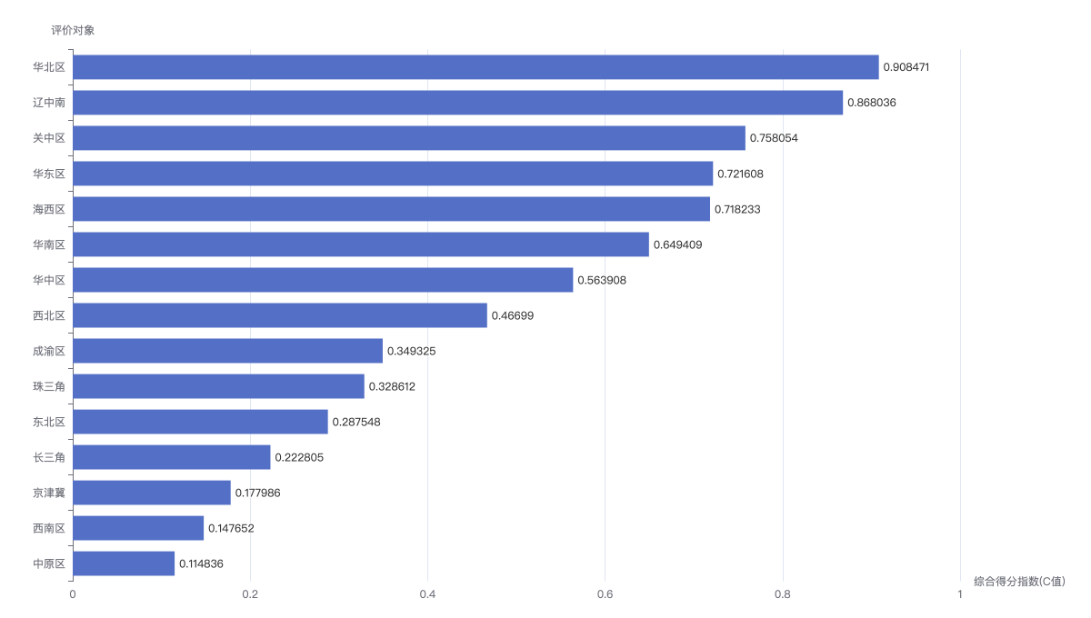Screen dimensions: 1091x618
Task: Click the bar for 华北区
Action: [475, 67]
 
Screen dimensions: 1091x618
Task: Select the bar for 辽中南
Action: [458, 103]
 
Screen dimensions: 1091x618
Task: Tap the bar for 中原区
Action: [124, 563]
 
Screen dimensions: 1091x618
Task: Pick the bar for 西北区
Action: [280, 315]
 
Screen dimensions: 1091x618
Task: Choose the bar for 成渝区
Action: [228, 351]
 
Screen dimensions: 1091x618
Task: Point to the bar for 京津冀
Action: [152, 493]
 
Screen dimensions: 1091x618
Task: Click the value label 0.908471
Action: [906, 67]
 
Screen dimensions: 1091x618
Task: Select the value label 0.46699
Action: [513, 315]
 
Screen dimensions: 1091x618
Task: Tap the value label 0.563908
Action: [602, 280]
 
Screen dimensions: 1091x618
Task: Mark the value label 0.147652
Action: [231, 528]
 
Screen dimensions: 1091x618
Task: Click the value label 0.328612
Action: [392, 386]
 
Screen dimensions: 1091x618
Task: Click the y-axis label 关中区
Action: [49, 138]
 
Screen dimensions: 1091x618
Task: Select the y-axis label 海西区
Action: [49, 209]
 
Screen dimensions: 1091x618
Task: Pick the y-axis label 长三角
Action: [49, 457]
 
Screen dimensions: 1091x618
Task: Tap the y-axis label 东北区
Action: [49, 422]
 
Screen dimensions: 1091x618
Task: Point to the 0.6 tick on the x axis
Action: [605, 594]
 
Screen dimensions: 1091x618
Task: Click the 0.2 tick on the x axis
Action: [250, 594]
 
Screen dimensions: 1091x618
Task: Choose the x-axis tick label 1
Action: [960, 594]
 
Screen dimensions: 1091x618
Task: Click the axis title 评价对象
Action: [73, 30]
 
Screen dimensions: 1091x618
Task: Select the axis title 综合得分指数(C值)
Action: [1019, 581]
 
